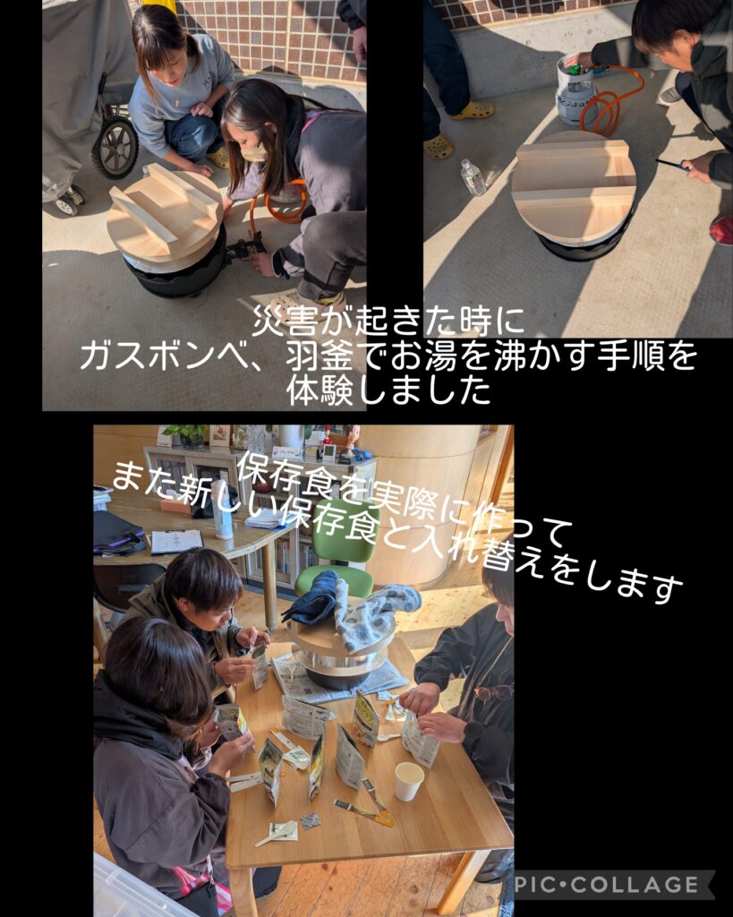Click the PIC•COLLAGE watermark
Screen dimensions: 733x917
[607, 884]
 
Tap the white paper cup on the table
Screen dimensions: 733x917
[409, 781]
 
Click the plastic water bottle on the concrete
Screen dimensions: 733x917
[473, 177]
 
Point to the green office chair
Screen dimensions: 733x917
[339, 549]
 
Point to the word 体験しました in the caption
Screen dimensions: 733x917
[388, 390]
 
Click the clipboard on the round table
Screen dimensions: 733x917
[176, 542]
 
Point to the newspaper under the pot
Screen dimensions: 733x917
[339, 679]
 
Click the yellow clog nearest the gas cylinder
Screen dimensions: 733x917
[473, 110]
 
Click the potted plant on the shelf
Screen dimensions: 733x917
[187, 434]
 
